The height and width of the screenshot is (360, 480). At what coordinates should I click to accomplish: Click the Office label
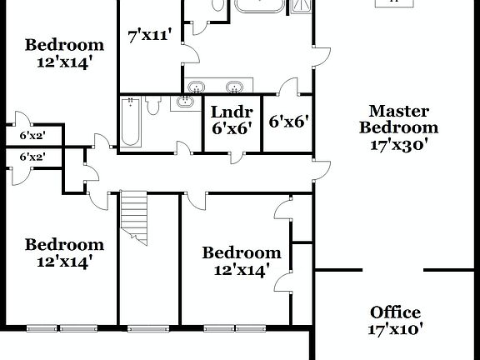point(395,312)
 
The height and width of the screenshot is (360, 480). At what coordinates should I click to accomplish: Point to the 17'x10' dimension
point(395,329)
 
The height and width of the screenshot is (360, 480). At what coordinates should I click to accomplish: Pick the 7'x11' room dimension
point(150,35)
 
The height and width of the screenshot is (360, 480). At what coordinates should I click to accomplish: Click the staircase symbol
point(135,218)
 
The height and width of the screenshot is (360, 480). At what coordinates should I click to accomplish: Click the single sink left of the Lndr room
point(183,103)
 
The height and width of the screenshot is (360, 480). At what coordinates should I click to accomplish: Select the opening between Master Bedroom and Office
point(393,269)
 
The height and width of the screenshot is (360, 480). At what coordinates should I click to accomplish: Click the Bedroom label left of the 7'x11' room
point(64,45)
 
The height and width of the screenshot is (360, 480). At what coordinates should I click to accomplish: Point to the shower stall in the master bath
point(301,7)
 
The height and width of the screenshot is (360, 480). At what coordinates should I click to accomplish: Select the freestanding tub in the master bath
point(260,7)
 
